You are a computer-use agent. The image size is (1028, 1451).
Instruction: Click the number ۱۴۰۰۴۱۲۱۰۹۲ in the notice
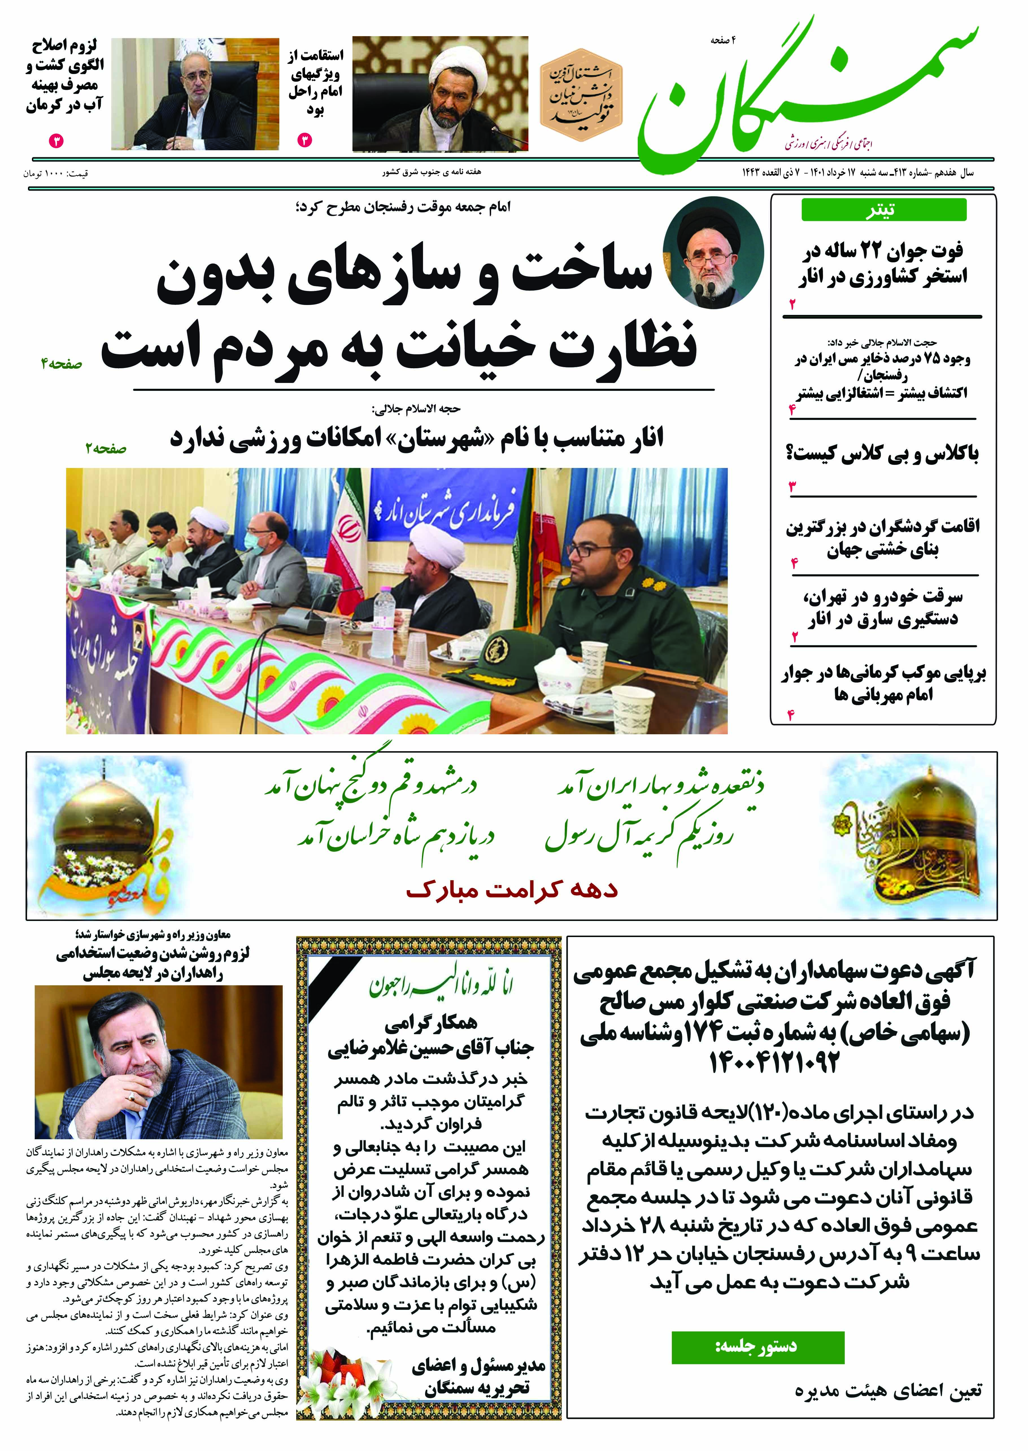point(774,1062)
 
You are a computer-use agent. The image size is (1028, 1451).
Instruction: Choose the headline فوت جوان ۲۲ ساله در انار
point(882,265)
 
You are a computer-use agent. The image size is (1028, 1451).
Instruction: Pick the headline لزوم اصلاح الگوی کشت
point(65,75)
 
